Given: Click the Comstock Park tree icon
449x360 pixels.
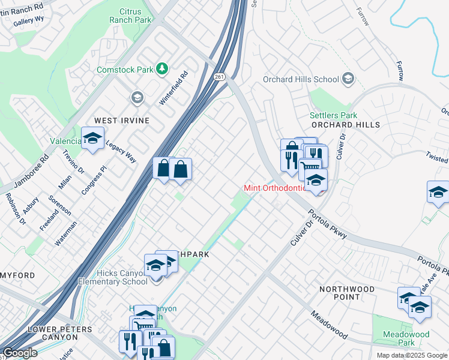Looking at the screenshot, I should pos(161,70).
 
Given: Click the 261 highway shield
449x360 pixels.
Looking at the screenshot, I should pos(219,76).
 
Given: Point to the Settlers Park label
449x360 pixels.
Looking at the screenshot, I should pos(333,115).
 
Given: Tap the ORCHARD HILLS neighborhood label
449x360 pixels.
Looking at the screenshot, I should pos(345,125).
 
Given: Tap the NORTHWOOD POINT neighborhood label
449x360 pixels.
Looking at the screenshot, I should pos(347,293).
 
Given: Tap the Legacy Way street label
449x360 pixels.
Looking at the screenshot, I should pos(121,151).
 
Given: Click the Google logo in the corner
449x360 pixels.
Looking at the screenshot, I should pos(20,353).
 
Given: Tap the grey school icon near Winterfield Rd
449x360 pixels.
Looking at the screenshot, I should pos(137,98).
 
